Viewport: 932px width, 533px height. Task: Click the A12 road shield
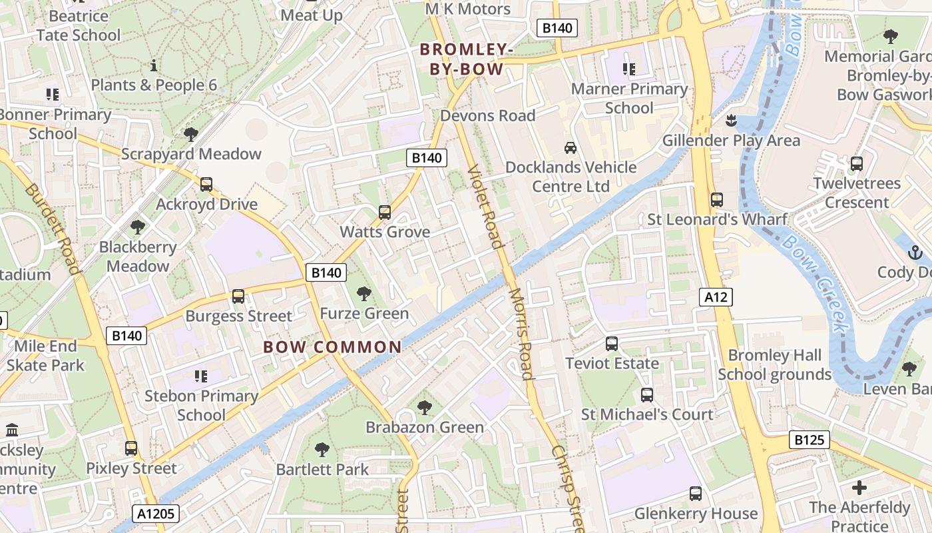pos(716,297)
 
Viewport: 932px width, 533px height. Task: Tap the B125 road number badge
pos(810,440)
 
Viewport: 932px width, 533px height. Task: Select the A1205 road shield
pos(156,514)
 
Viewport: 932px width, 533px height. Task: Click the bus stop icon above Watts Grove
pos(384,213)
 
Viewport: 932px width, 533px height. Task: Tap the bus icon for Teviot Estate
pos(611,344)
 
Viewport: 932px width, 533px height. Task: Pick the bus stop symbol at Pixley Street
pos(131,448)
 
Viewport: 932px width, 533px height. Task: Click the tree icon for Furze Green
pos(363,293)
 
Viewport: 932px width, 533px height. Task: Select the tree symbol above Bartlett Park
pos(322,450)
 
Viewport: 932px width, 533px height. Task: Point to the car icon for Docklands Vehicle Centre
pos(570,147)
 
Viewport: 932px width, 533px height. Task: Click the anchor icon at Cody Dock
pos(915,253)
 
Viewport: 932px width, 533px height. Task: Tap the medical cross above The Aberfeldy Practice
pos(859,488)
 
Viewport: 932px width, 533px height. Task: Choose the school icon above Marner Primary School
pos(628,69)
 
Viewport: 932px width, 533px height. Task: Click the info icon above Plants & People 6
pos(154,65)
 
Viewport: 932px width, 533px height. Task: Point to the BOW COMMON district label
pos(332,347)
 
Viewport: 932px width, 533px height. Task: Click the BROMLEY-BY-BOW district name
pos(466,59)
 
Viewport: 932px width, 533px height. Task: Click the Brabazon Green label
pos(425,427)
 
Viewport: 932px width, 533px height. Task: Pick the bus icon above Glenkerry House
pos(696,494)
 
